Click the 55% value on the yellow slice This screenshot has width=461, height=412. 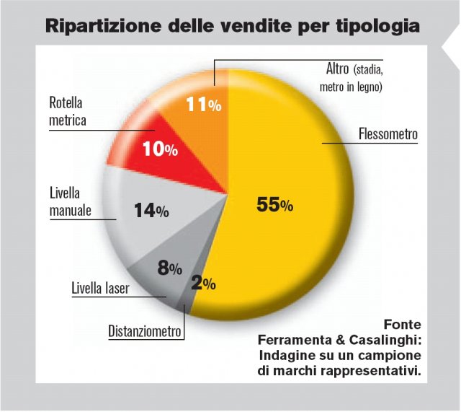click(275, 205)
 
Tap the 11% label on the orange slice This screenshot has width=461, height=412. click(204, 104)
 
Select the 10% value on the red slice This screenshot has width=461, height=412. click(160, 149)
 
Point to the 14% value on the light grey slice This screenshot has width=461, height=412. click(151, 211)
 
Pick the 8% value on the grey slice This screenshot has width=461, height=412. click(169, 269)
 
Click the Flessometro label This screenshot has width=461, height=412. click(388, 134)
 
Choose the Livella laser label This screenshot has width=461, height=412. click(100, 290)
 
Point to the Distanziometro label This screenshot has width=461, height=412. click(146, 332)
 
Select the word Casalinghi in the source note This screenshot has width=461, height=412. click(385, 340)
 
